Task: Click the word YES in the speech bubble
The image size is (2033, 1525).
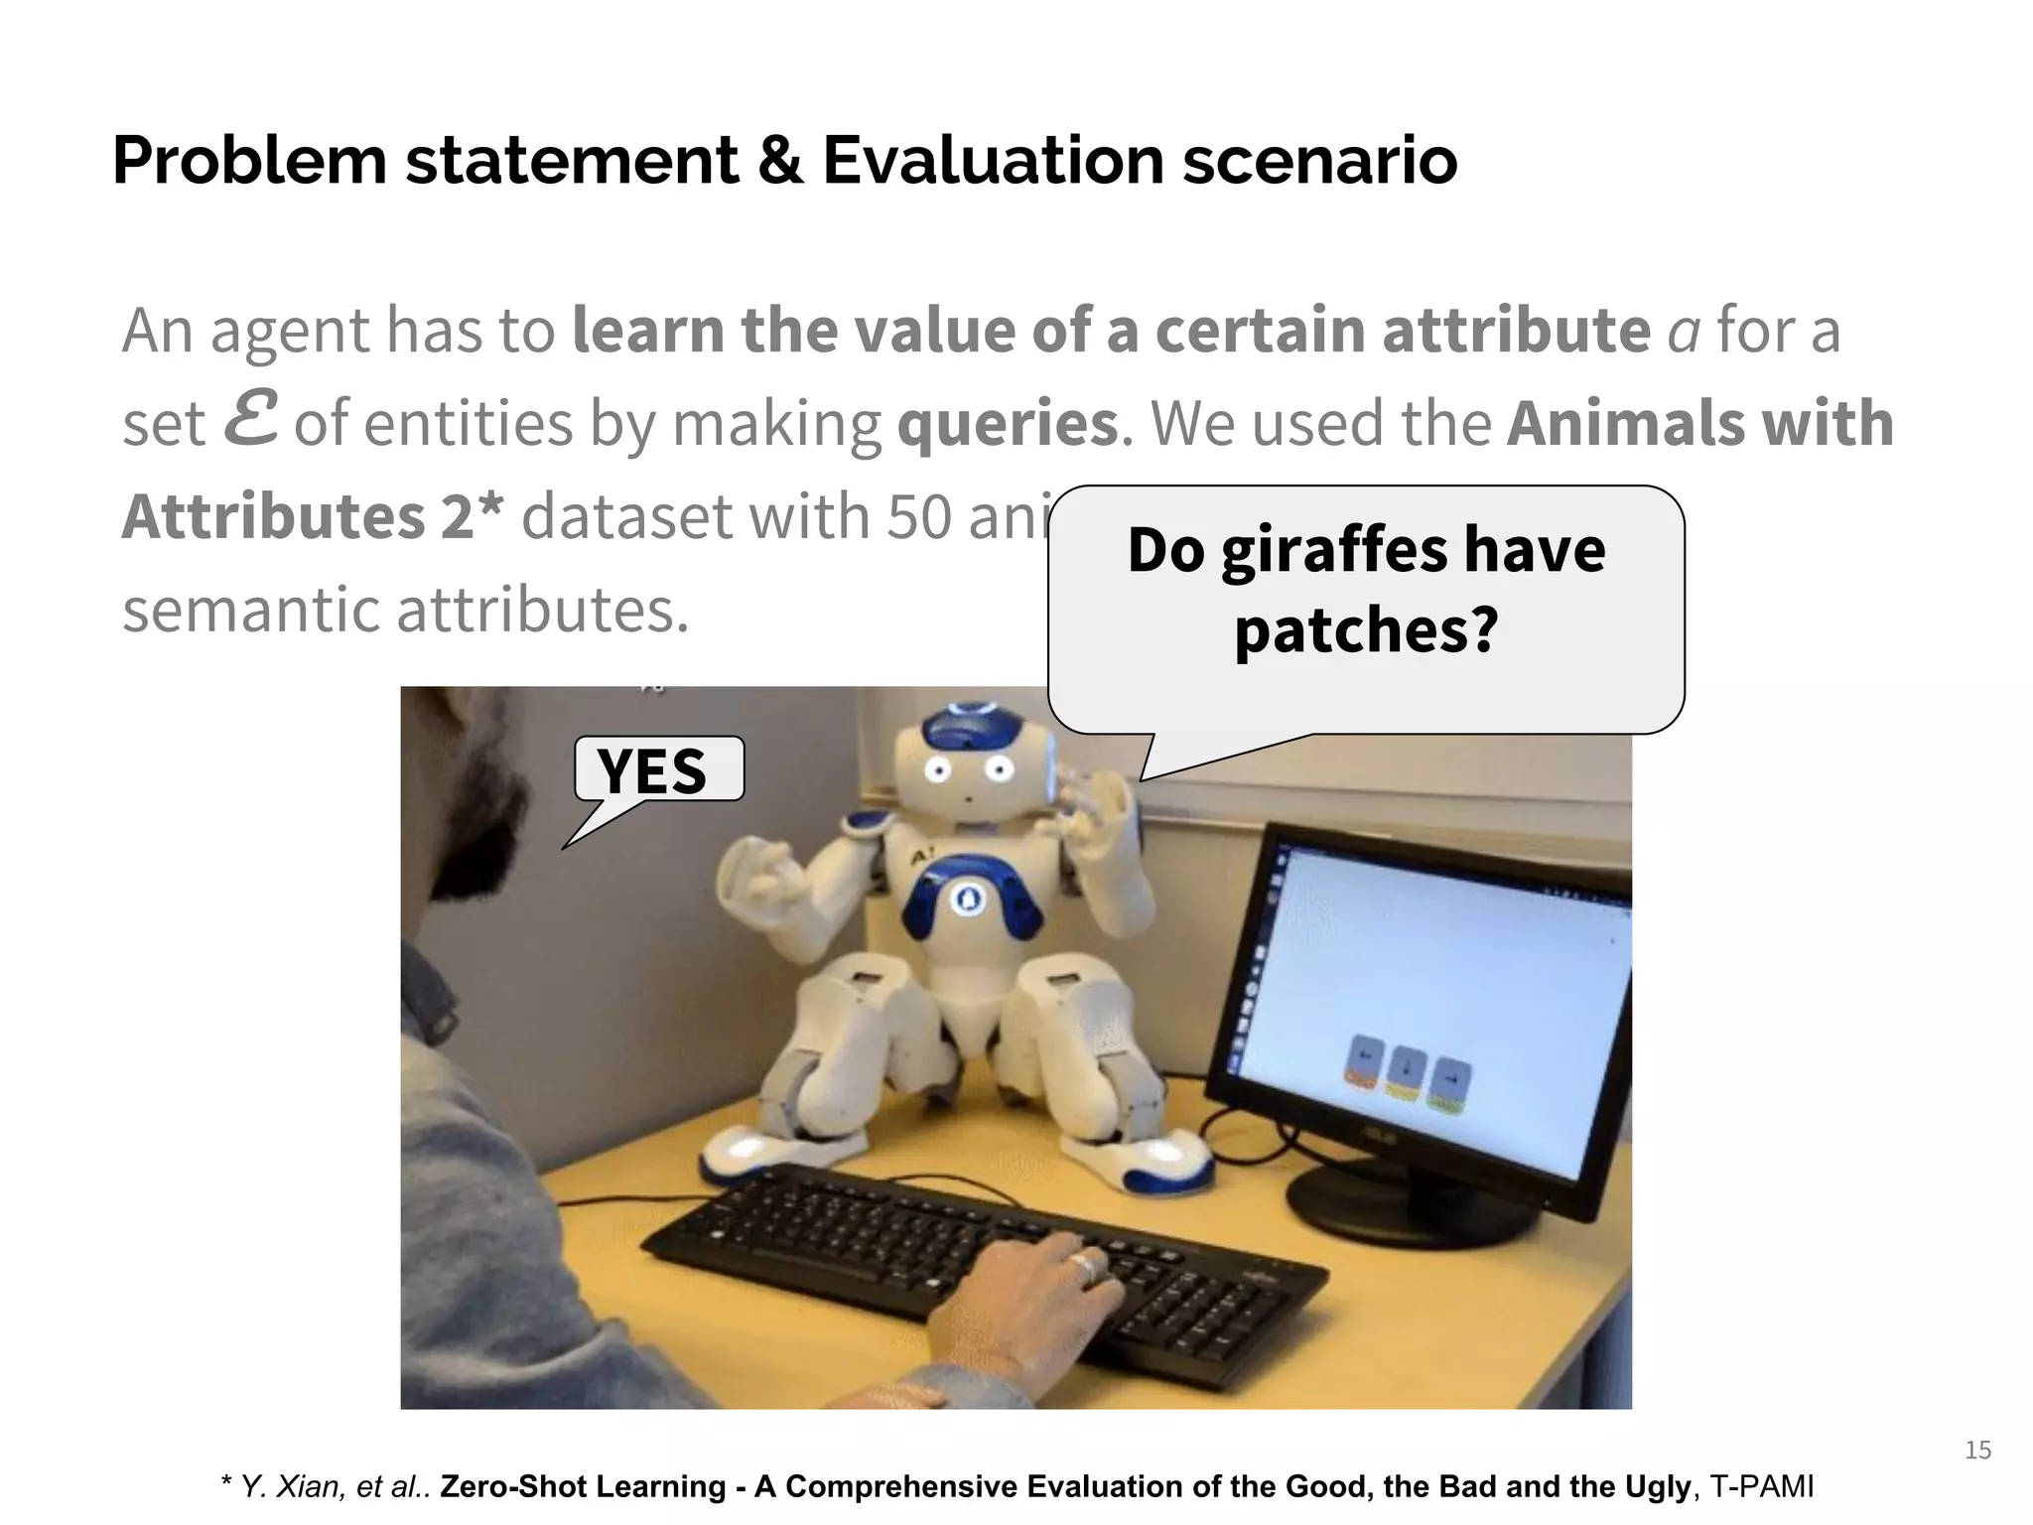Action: pyautogui.click(x=652, y=770)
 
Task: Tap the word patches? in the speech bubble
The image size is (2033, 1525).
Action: pyautogui.click(x=1366, y=630)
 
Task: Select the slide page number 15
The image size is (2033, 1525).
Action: pyautogui.click(x=1977, y=1451)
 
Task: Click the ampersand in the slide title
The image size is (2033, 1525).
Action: pyautogui.click(x=780, y=161)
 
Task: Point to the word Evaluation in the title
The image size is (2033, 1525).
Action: pyautogui.click(x=993, y=161)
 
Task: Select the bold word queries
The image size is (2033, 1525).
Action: pyautogui.click(x=1008, y=424)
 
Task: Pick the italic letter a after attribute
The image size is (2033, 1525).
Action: pyautogui.click(x=1683, y=333)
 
